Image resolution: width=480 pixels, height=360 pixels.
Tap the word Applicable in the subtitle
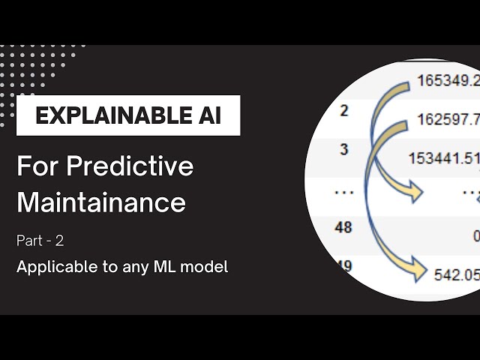pos(50,266)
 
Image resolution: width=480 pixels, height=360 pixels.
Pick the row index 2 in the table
pos(344,111)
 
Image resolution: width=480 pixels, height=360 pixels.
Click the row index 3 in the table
pos(344,149)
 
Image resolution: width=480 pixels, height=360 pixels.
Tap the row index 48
pos(343,226)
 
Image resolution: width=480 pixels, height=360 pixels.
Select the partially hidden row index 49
pos(344,265)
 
